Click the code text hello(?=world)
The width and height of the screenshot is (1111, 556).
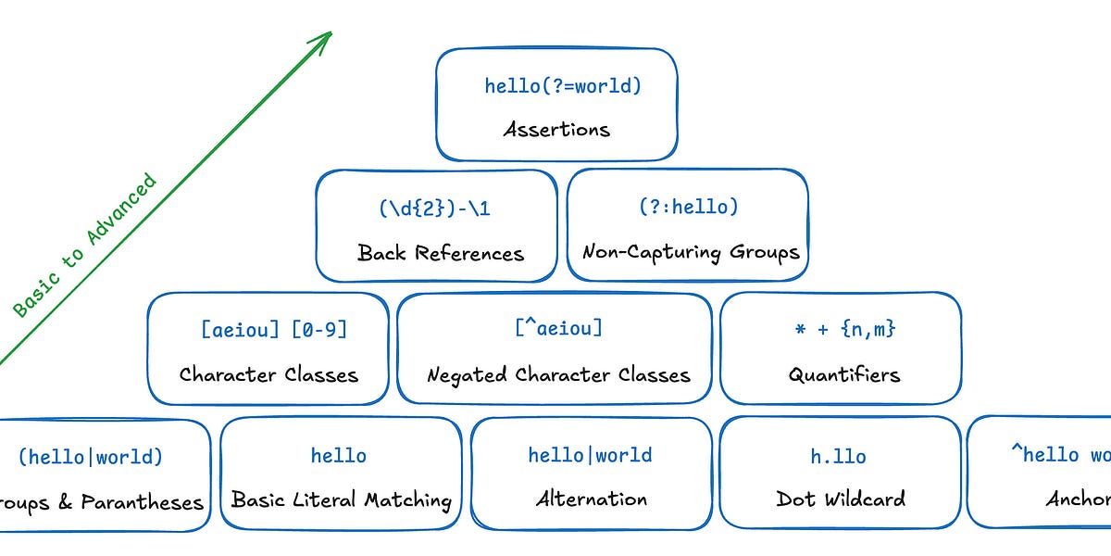click(563, 86)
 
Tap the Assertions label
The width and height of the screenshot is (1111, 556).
click(556, 129)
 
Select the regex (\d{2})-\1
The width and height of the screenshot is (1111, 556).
click(434, 208)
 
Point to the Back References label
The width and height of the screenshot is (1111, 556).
click(440, 253)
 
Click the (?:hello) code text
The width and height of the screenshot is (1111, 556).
click(688, 207)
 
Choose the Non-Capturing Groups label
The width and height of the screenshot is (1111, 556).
click(690, 252)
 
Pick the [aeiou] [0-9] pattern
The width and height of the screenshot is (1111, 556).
click(274, 329)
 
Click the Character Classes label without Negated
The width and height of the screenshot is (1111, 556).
click(268, 375)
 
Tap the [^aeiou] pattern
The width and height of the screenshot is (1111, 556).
click(557, 328)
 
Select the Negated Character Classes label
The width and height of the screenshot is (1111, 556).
click(557, 375)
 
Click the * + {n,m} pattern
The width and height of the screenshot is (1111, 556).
click(844, 329)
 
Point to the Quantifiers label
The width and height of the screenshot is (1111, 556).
click(843, 375)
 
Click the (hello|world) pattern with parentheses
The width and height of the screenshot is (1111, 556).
click(90, 457)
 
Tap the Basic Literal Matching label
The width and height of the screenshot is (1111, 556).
click(341, 500)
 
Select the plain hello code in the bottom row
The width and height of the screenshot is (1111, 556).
click(338, 456)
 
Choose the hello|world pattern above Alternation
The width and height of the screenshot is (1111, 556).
click(590, 455)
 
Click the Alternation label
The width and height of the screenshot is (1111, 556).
click(591, 499)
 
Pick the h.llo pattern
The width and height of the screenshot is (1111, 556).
click(838, 456)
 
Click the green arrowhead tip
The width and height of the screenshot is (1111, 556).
click(330, 33)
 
